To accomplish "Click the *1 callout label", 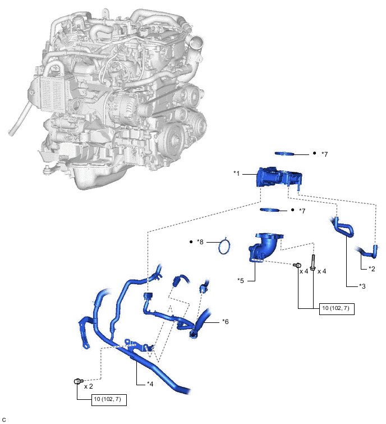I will tap(237, 174).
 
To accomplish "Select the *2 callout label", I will tap(371, 268).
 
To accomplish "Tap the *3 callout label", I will tap(362, 285).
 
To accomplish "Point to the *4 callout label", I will tap(150, 384).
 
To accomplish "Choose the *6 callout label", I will tap(225, 322).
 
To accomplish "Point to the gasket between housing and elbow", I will tap(272, 210).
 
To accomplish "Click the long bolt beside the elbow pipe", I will tap(313, 263).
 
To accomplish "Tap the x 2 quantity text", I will tap(89, 387).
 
